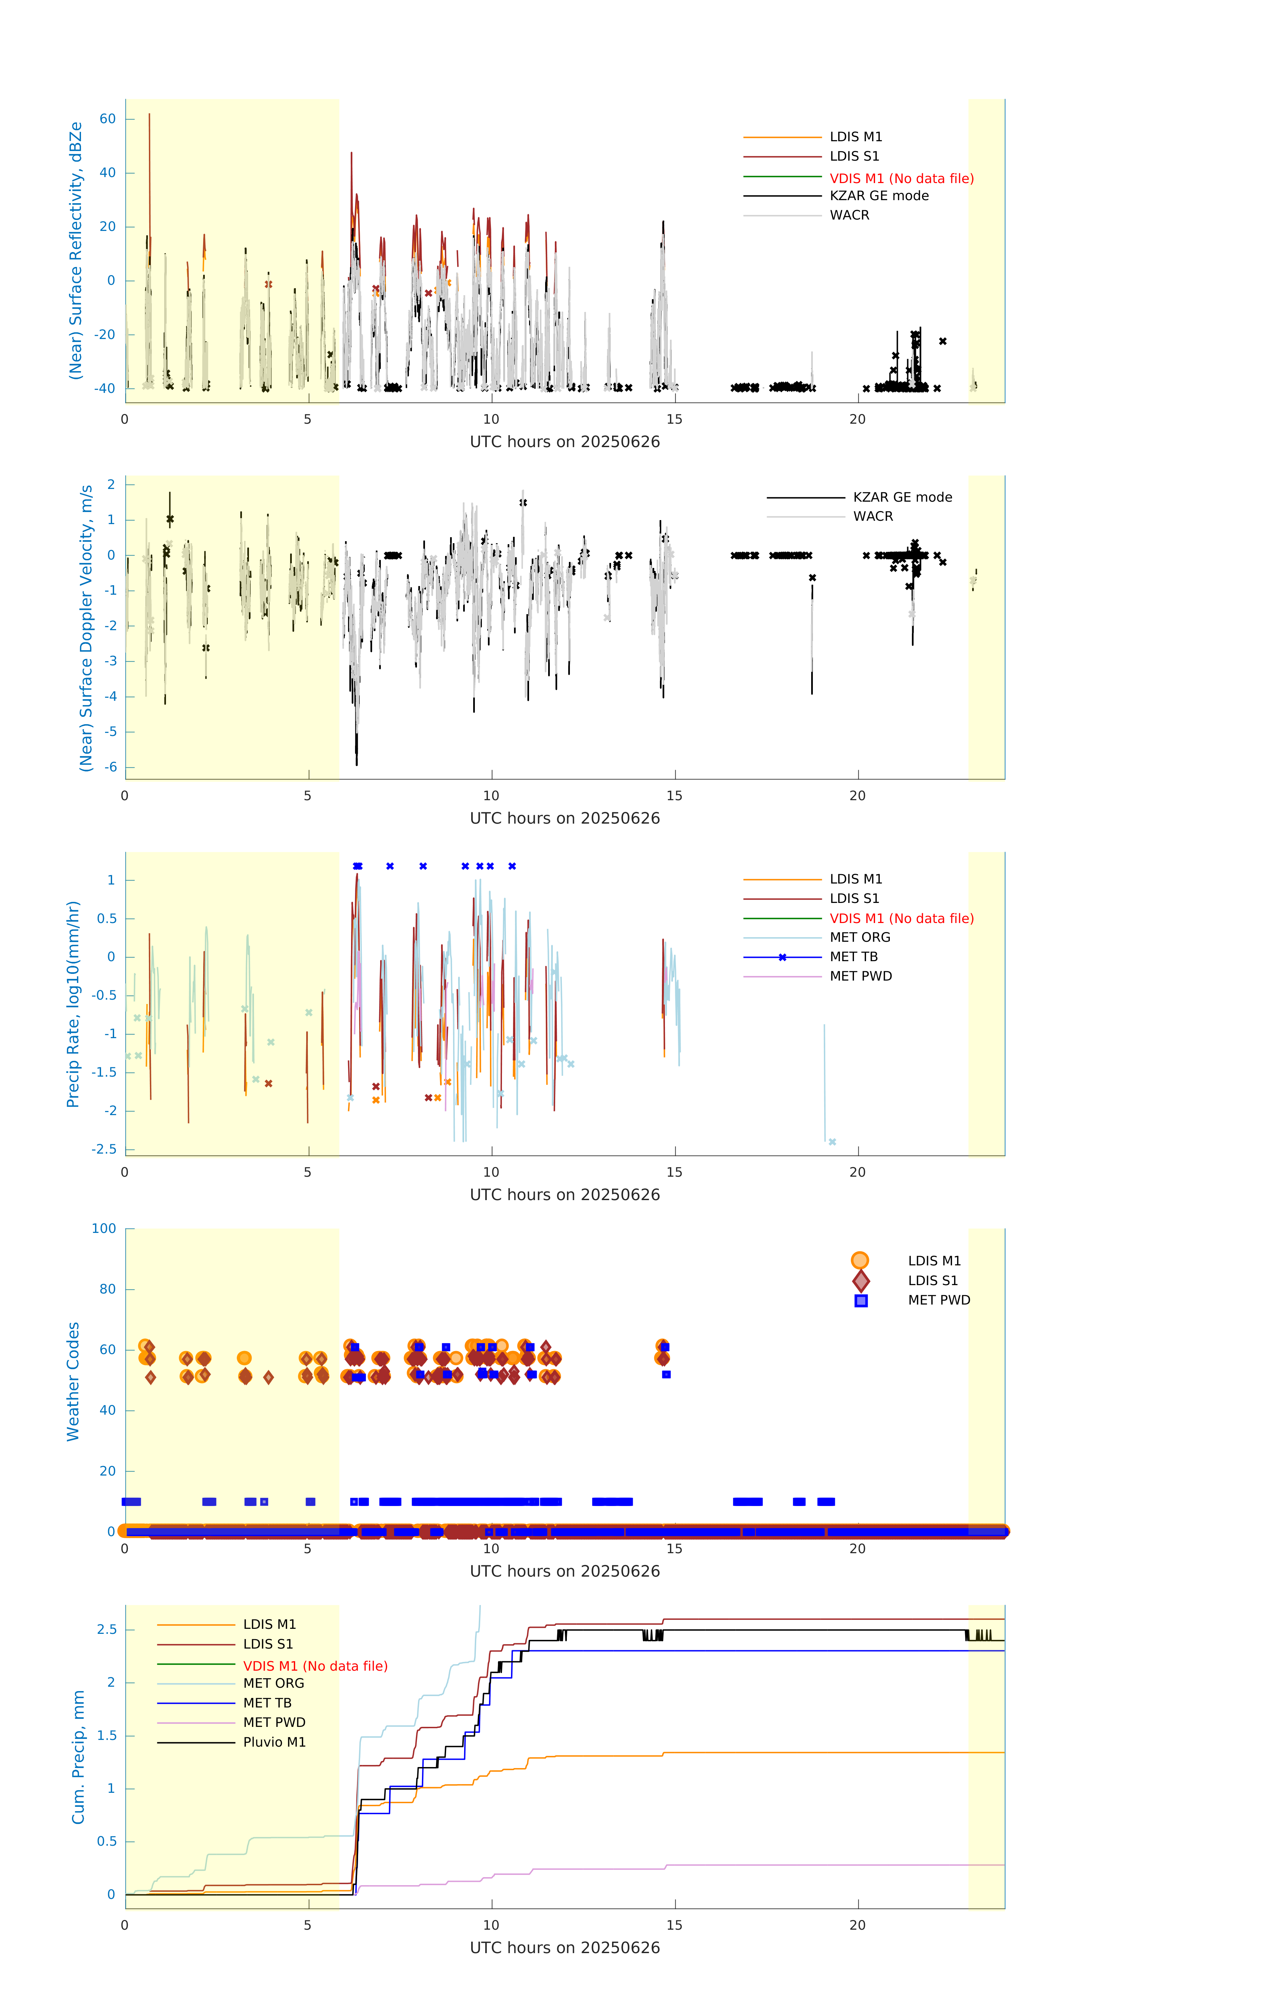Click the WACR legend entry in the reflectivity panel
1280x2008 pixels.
[849, 215]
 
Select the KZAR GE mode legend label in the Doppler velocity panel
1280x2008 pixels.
[902, 497]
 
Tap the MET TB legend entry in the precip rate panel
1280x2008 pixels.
[853, 956]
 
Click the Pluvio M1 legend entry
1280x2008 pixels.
[274, 1742]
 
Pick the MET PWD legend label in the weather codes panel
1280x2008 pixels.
[939, 1300]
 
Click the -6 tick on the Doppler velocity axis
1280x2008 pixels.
[110, 767]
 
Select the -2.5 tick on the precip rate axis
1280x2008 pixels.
[104, 1149]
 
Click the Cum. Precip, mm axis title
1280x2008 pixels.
[78, 1757]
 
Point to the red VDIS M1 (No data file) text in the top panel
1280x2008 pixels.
[902, 178]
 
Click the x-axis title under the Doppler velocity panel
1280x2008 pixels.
[565, 818]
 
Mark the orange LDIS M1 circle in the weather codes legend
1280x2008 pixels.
[860, 1260]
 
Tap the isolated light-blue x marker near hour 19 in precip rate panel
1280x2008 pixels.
[832, 1142]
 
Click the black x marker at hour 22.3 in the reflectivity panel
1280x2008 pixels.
[942, 341]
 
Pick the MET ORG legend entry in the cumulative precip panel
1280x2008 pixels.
[273, 1683]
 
